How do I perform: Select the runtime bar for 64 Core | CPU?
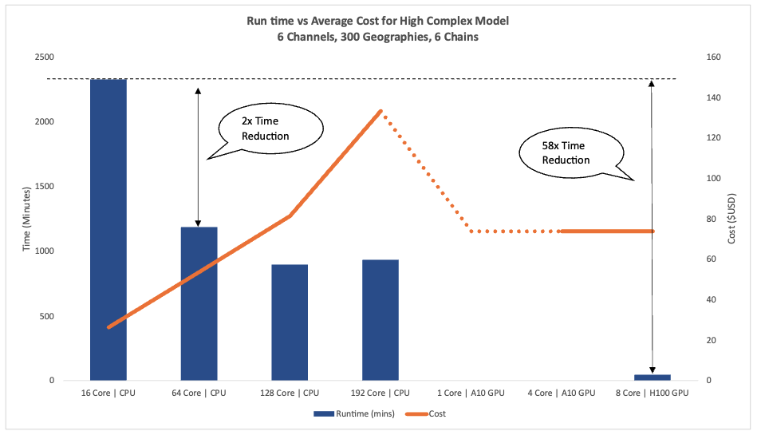(x=199, y=303)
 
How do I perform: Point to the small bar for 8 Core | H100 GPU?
(x=652, y=377)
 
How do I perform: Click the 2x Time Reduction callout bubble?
(x=265, y=129)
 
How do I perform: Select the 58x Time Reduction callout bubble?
(x=566, y=152)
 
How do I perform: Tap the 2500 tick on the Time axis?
(x=44, y=57)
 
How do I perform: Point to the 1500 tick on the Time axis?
(x=44, y=186)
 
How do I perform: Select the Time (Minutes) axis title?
(x=26, y=219)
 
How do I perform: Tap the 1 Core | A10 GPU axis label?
(x=471, y=393)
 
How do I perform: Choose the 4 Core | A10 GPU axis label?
(x=562, y=393)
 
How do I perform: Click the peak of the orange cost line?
(x=380, y=111)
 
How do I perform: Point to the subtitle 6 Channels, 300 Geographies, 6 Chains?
(x=377, y=37)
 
